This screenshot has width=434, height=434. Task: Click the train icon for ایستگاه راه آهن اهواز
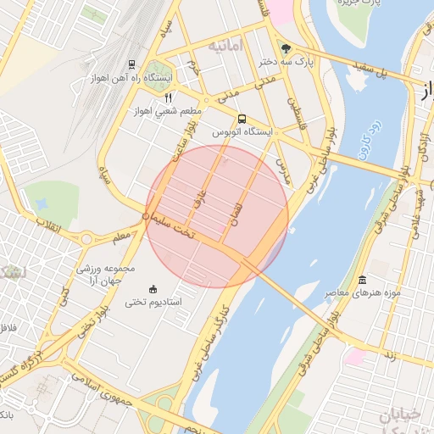pos(131,64)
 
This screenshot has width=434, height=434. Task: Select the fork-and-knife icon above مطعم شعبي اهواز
pos(156,97)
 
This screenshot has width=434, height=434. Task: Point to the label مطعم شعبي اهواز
pos(166,110)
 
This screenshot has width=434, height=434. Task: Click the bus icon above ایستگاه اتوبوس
pos(242,119)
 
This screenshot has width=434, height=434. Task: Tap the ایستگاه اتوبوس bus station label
pos(264,132)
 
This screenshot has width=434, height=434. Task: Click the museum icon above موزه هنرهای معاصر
pos(363,280)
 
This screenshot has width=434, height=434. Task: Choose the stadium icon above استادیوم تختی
pos(153,288)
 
